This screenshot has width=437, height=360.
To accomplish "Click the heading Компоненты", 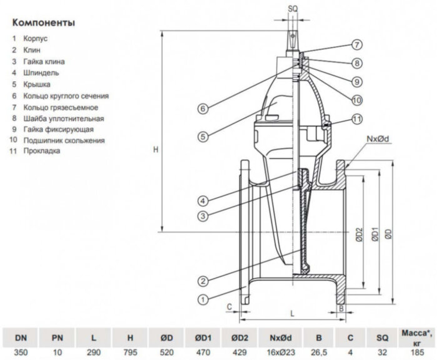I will (x=43, y=24).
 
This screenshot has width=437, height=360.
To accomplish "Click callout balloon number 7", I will (x=356, y=44).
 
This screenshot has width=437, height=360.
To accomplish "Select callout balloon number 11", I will (x=356, y=119).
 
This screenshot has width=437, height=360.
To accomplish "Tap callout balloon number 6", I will (x=203, y=108).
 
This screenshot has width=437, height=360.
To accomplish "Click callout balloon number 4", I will (x=203, y=200).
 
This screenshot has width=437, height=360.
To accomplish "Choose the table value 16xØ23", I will (x=282, y=353).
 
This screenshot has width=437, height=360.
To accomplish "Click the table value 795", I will (x=130, y=353).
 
